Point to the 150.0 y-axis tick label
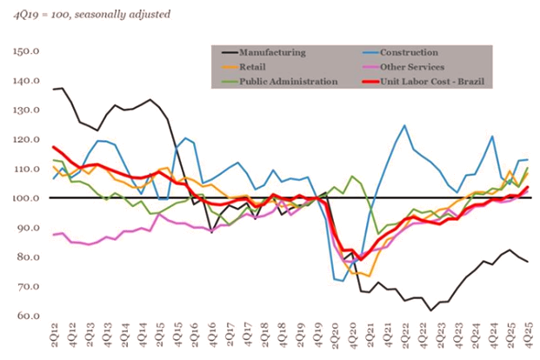pos(24,50)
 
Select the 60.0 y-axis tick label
pos(26,316)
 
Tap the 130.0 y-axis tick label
pos(24,110)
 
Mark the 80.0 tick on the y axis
pos(26,257)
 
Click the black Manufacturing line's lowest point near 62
pos(430,310)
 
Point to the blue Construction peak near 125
pos(404,125)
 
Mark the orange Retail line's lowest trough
pos(369,276)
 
